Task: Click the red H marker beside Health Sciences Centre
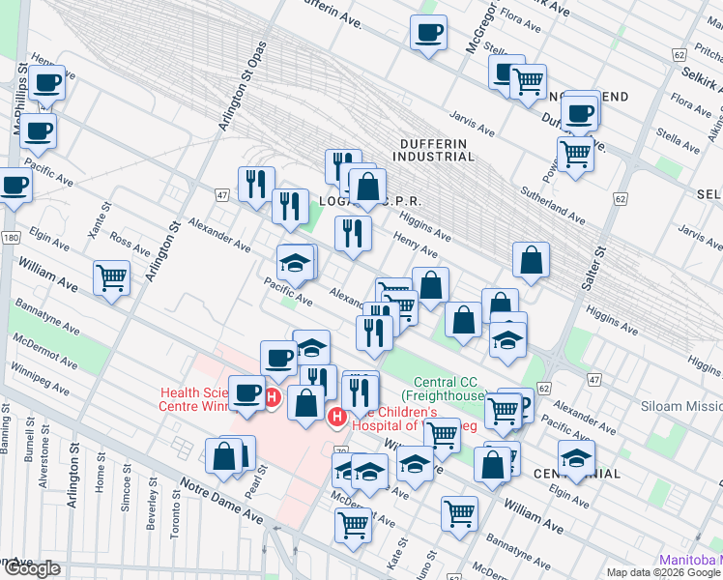(x=273, y=396)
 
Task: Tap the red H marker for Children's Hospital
(x=336, y=417)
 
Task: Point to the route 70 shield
(x=340, y=452)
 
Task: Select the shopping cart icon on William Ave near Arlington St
(x=112, y=278)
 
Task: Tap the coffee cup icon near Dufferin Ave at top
(x=428, y=33)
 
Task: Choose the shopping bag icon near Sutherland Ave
(x=531, y=259)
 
